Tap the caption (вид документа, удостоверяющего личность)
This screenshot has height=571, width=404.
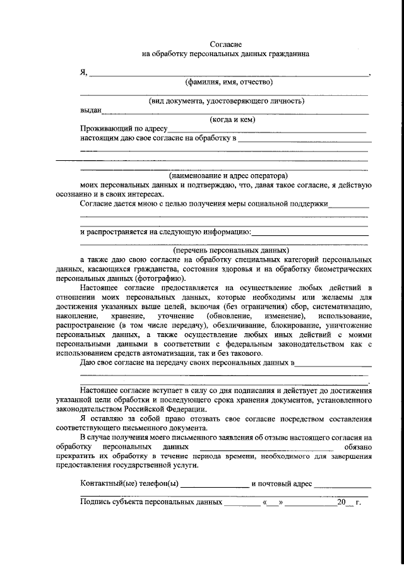[x=227, y=101]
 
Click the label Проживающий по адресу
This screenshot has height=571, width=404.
[x=124, y=129]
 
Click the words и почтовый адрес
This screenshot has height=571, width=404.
[x=282, y=484]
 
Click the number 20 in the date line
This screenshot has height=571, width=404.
[x=342, y=503]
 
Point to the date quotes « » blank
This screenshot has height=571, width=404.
[x=274, y=503]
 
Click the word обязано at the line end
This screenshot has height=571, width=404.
[x=355, y=446]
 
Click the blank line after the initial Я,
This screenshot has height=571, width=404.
[x=230, y=74]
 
